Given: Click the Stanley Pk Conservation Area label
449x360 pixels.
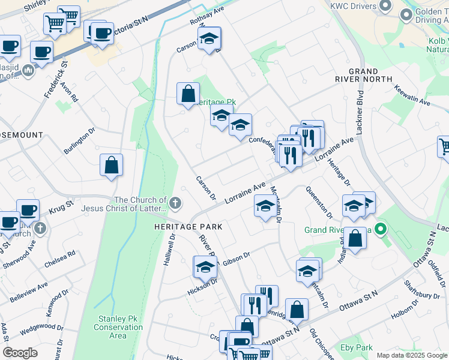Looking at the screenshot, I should pyautogui.click(x=118, y=328).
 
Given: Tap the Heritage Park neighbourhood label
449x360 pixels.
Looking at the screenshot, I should pyautogui.click(x=188, y=227).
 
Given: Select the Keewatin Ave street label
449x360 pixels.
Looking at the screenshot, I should pyautogui.click(x=412, y=95).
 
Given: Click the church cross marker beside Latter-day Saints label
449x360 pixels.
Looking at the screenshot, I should pyautogui.click(x=175, y=203).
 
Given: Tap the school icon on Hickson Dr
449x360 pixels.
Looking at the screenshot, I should pyautogui.click(x=205, y=267).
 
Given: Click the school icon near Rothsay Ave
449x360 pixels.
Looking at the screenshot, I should pyautogui.click(x=209, y=39).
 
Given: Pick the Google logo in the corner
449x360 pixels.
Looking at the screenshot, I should pyautogui.click(x=20, y=353).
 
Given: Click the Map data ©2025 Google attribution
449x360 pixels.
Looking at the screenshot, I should pyautogui.click(x=411, y=355).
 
